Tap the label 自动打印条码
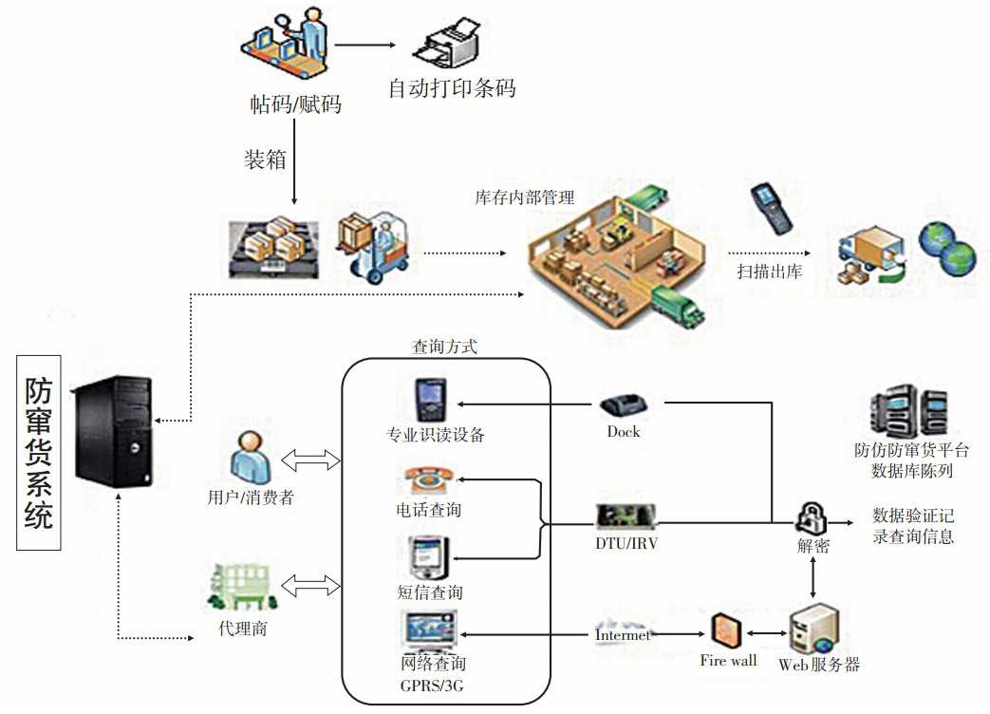451,89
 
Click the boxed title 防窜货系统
39,453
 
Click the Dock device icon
624,406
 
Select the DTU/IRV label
626,544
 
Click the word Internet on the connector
623,634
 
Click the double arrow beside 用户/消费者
312,461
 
